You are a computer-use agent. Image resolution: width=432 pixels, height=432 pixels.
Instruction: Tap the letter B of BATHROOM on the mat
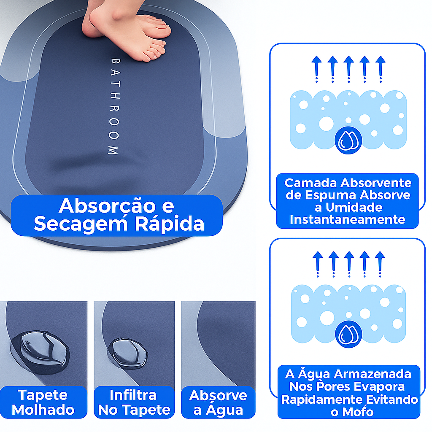click(115, 61)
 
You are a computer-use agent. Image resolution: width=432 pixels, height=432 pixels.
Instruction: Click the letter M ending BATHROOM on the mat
click(113, 151)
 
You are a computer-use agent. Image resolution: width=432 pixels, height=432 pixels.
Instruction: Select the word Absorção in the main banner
click(108, 206)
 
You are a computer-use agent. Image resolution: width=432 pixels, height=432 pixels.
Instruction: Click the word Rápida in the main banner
click(170, 224)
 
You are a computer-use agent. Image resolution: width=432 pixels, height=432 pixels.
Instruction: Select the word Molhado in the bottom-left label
click(43, 410)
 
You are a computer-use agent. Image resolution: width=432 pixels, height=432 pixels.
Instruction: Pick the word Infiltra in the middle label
click(133, 395)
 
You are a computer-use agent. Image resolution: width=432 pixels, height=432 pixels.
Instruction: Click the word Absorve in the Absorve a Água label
click(218, 396)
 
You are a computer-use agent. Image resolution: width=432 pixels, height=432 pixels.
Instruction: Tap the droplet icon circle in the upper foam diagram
click(348, 140)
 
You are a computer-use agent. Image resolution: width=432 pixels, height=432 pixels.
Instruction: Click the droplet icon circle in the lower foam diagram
click(348, 334)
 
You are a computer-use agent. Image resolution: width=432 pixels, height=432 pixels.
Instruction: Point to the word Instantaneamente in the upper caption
click(348, 219)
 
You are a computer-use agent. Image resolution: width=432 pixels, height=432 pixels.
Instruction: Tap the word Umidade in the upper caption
click(354, 208)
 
